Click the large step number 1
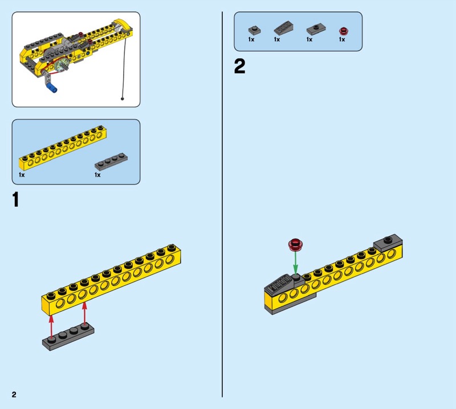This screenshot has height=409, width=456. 16,199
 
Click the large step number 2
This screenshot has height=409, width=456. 239,66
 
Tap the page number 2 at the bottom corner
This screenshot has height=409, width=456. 14,394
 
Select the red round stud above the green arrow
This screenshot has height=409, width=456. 295,244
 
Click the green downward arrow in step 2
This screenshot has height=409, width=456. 295,263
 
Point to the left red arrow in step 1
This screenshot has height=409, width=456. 51,326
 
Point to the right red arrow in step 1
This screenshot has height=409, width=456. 84,313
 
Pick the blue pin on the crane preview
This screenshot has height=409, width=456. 52,88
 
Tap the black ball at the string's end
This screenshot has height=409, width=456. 123,99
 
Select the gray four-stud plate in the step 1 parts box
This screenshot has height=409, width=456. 111,161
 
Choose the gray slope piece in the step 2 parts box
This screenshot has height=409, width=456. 283,27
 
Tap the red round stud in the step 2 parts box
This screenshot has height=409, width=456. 344,31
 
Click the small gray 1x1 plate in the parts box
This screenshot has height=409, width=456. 254,30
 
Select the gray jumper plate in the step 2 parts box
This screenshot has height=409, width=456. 316,29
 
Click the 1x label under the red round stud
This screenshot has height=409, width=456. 342,39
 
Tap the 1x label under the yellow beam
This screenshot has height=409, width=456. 22,175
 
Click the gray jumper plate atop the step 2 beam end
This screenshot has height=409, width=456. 388,243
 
